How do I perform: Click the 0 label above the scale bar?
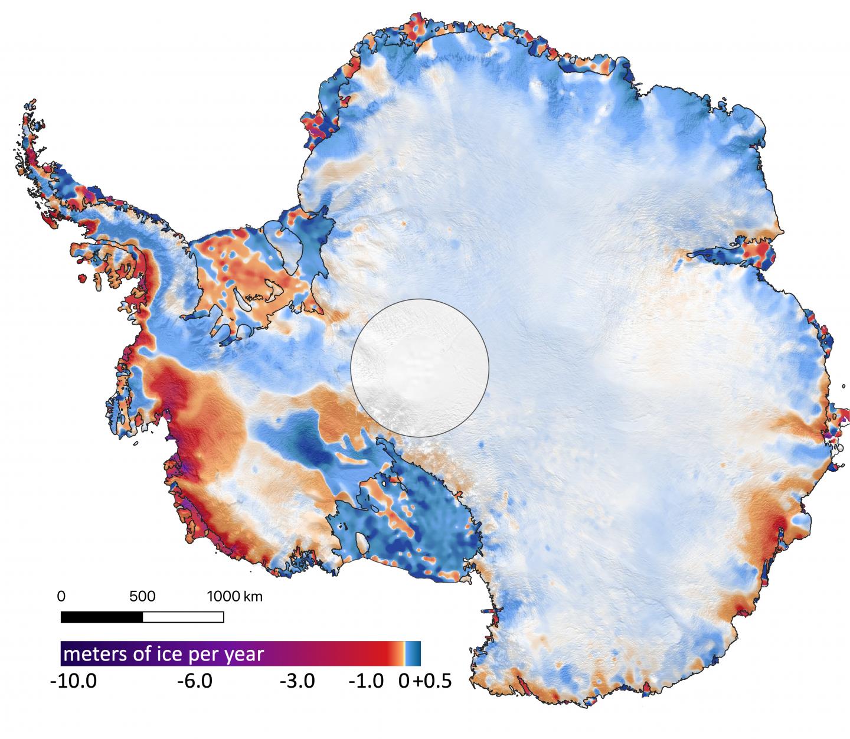tap(61, 596)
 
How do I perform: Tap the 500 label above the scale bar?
tap(142, 596)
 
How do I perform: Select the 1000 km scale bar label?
tap(234, 596)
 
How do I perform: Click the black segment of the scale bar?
tap(102, 617)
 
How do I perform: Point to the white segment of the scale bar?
tap(183, 617)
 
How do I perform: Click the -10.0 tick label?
tap(74, 681)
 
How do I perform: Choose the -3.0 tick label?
tap(297, 681)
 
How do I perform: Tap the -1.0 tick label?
tap(367, 681)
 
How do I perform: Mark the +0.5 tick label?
tap(432, 681)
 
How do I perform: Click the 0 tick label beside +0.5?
tap(404, 681)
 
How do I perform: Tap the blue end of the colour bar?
tap(415, 653)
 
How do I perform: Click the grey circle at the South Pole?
tap(420, 367)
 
